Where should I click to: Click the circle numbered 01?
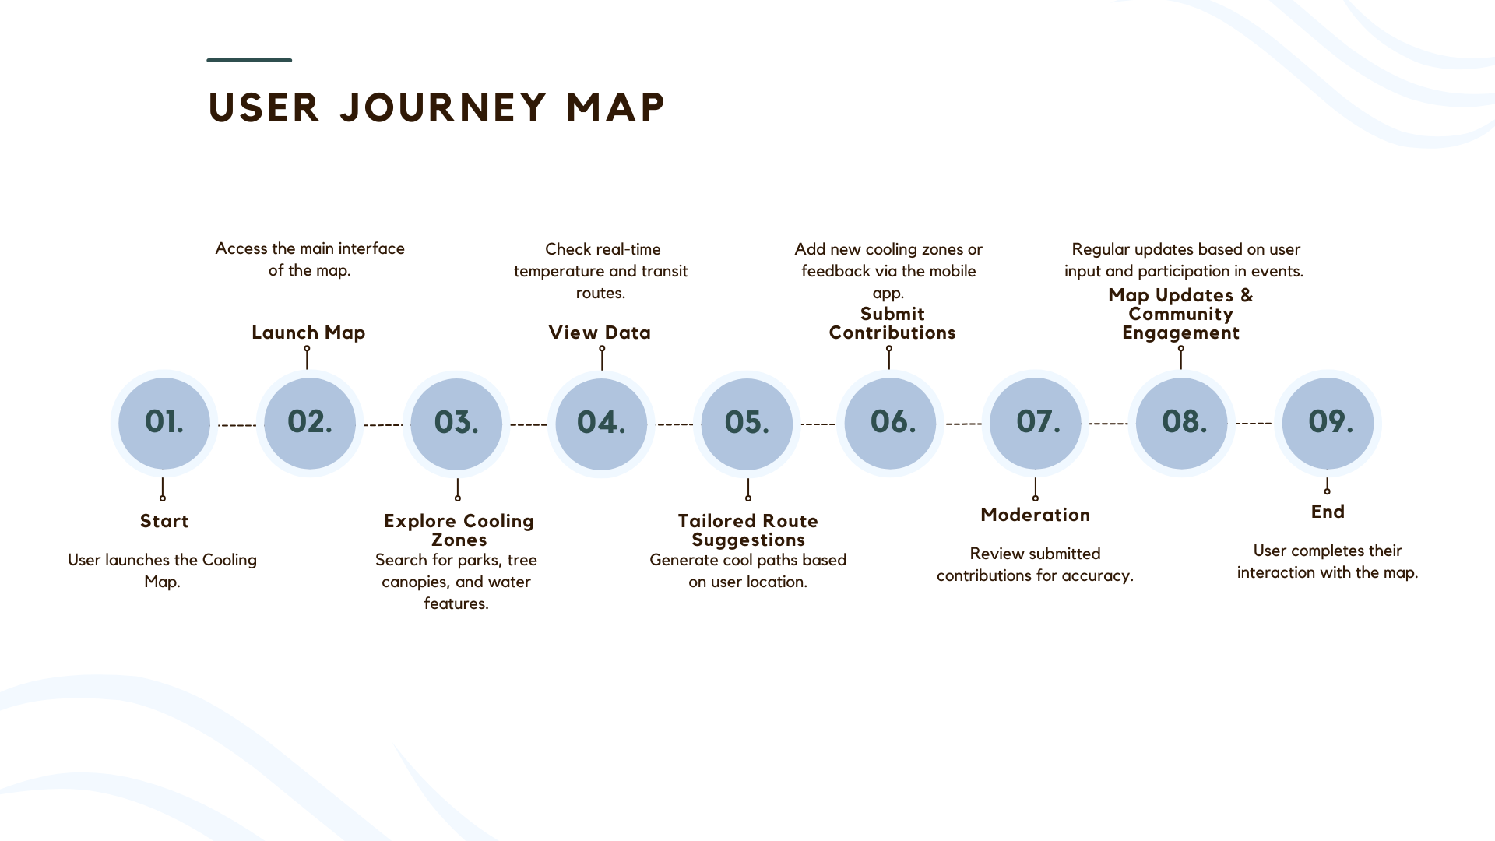[x=164, y=424]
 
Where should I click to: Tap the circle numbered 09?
[x=1328, y=424]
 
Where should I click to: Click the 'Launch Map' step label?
[x=308, y=333]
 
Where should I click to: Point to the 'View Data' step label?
[x=600, y=333]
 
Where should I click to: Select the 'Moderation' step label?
[x=1035, y=515]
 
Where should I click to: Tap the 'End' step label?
[x=1328, y=512]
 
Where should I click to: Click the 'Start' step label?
[x=164, y=521]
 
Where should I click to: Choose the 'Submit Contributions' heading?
[x=892, y=323]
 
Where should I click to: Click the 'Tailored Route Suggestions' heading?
[x=748, y=530]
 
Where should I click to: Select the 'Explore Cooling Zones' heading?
[x=459, y=530]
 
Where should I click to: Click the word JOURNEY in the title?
[x=444, y=107]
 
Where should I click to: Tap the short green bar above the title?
[x=249, y=60]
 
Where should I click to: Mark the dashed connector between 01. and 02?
[x=237, y=425]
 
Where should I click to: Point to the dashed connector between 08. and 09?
[x=1254, y=424]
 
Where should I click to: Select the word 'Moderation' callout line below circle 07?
[x=1035, y=489]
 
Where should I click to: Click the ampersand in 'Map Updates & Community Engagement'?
[x=1247, y=295]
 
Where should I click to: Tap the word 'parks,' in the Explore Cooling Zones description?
[x=478, y=561]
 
